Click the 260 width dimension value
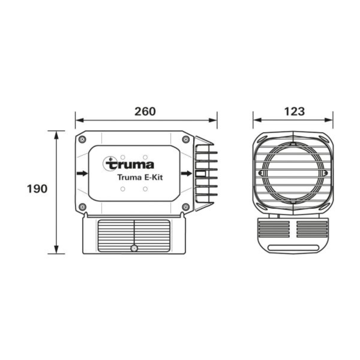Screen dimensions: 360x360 coord(145,112)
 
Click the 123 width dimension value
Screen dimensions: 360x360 coord(294,112)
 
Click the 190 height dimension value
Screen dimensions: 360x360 coord(37,189)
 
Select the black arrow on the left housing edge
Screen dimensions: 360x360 coord(82,174)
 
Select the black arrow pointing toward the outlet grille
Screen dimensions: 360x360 coord(186,174)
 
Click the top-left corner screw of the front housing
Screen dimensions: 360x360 coord(82,139)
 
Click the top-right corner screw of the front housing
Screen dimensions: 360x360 coord(186,139)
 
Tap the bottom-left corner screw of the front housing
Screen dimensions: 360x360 coord(82,207)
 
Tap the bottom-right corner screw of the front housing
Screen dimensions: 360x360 coord(186,207)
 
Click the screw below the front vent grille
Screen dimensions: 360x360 coord(134,248)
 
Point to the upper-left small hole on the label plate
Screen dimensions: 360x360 coord(123,157)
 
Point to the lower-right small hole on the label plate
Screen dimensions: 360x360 coord(145,189)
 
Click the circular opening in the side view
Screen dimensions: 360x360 coord(293,173)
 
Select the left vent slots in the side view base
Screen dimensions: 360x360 coord(274,229)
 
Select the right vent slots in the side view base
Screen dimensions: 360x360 coord(312,229)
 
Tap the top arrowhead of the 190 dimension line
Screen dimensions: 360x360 coord(56,135)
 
